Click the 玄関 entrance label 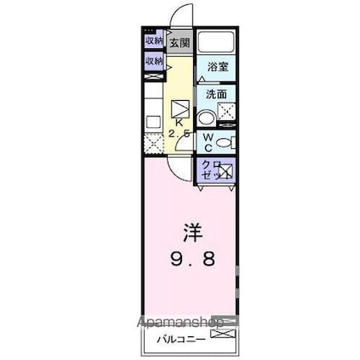pos(179,42)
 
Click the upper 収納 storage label pos(152,41)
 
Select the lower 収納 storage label pos(152,61)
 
